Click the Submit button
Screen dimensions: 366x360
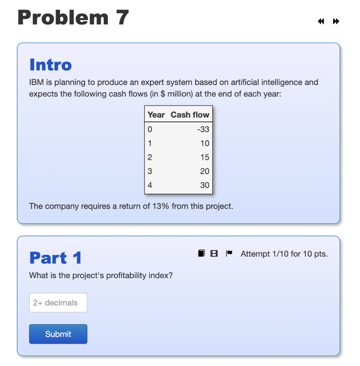pyautogui.click(x=58, y=334)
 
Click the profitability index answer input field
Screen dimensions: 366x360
pyautogui.click(x=58, y=303)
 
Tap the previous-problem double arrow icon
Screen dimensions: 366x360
pyautogui.click(x=321, y=21)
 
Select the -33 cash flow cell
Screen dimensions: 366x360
pyautogui.click(x=203, y=129)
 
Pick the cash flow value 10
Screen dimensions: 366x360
pyautogui.click(x=205, y=143)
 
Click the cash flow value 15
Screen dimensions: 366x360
pyautogui.click(x=205, y=157)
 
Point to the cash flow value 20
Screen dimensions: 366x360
pyautogui.click(x=205, y=171)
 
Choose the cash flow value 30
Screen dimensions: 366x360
pyautogui.click(x=205, y=185)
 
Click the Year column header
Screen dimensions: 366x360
pyautogui.click(x=156, y=115)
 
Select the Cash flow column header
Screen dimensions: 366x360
pyautogui.click(x=190, y=115)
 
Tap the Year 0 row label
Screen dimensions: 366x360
pyautogui.click(x=150, y=129)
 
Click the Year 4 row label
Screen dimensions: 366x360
pyautogui.click(x=150, y=185)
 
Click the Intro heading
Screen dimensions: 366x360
pyautogui.click(x=50, y=65)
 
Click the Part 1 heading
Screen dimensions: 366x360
pyautogui.click(x=55, y=258)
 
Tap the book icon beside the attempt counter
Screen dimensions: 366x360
pyautogui.click(x=201, y=253)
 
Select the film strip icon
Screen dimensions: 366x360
pyautogui.click(x=214, y=254)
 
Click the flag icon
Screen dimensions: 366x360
pyautogui.click(x=229, y=253)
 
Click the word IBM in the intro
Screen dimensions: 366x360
pyautogui.click(x=36, y=83)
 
